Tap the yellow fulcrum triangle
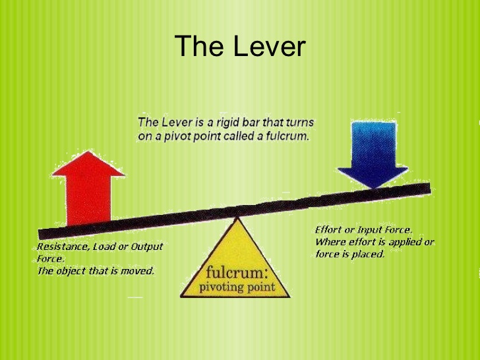click(235, 264)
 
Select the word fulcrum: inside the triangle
click(235, 272)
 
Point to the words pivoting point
click(235, 287)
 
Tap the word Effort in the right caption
click(327, 229)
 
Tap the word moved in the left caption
click(139, 271)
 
